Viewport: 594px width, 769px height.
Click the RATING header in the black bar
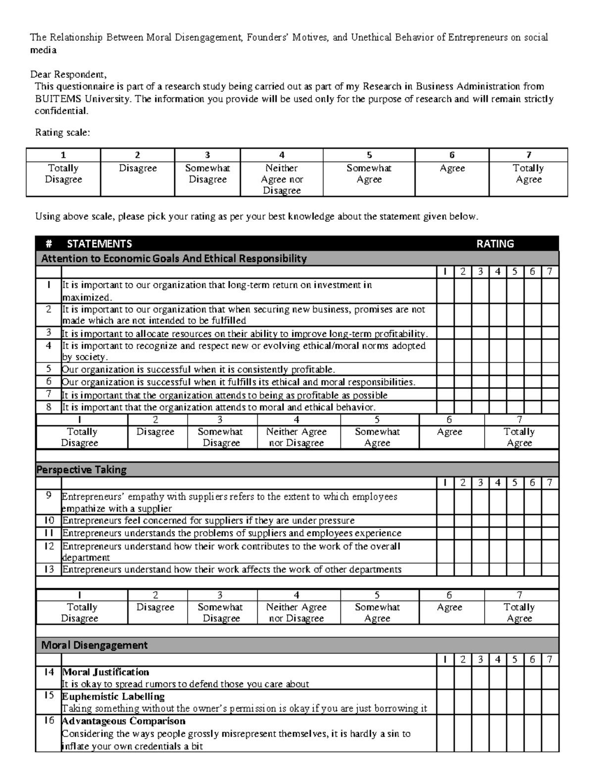pyautogui.click(x=495, y=244)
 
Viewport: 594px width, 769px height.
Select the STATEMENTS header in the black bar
pyautogui.click(x=99, y=244)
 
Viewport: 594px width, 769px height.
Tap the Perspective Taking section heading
pyautogui.click(x=82, y=469)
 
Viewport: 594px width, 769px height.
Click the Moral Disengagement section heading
pyautogui.click(x=94, y=645)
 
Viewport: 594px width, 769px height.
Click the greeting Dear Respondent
pyautogui.click(x=68, y=74)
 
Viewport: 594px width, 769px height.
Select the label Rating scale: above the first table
pyautogui.click(x=62, y=132)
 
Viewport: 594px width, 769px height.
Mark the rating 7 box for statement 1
pyautogui.click(x=549, y=291)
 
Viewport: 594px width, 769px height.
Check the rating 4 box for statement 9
pyautogui.click(x=497, y=502)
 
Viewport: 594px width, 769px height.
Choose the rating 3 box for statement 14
pyautogui.click(x=480, y=678)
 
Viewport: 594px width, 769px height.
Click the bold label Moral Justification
pyautogui.click(x=105, y=672)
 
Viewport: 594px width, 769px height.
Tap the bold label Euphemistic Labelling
pyautogui.click(x=113, y=696)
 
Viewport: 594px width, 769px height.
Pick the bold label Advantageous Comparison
pyautogui.click(x=123, y=721)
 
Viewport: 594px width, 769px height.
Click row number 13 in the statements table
pyautogui.click(x=49, y=569)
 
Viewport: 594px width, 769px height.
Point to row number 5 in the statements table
pyautogui.click(x=49, y=369)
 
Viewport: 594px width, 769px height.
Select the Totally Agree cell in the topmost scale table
pyautogui.click(x=528, y=174)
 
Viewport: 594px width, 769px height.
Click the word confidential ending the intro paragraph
pyautogui.click(x=61, y=111)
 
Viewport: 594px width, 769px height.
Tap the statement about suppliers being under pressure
pyautogui.click(x=208, y=521)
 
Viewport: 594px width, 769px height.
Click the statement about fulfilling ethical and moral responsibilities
pyautogui.click(x=239, y=382)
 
